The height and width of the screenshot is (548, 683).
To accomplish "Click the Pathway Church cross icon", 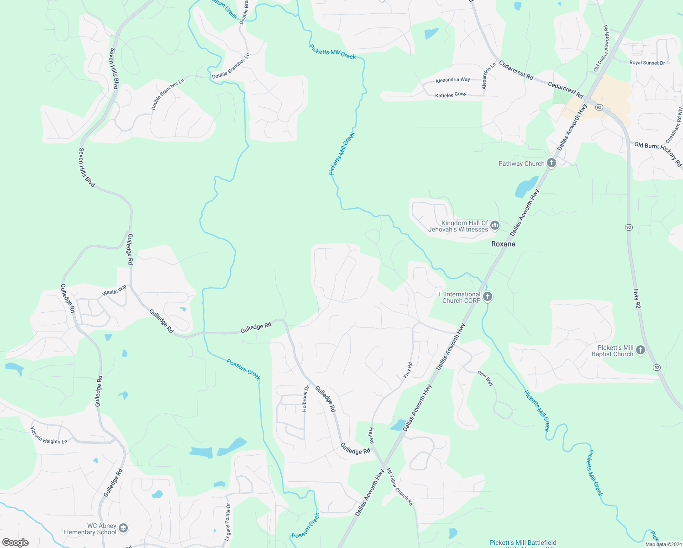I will [552, 163].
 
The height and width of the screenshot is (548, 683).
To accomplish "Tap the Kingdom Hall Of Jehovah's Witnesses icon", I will [494, 226].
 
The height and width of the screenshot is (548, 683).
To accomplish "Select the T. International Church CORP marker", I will [488, 297].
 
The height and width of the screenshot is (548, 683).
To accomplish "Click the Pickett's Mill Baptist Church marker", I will [641, 350].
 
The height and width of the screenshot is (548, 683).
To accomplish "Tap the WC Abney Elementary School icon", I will [123, 529].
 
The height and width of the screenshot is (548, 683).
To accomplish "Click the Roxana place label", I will [503, 244].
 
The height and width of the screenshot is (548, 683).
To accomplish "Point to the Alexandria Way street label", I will [452, 80].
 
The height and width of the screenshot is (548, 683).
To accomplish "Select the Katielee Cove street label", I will [450, 95].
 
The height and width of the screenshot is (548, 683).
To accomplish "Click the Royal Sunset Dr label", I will [647, 63].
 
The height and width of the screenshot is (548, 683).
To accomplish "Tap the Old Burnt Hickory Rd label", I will [657, 153].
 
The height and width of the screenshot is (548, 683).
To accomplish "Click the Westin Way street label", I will [115, 290].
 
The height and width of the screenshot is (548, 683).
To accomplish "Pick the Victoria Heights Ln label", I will [49, 435].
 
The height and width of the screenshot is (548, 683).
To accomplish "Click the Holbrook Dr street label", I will [305, 399].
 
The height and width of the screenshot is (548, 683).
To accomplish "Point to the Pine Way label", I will [485, 379].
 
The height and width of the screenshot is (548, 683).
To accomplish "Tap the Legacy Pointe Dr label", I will [228, 522].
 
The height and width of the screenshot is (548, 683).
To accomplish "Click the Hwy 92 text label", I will [637, 299].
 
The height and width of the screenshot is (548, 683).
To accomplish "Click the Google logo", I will [16, 542].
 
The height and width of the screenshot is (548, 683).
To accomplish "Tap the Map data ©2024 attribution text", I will [663, 544].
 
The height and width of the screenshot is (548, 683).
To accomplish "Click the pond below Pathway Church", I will [525, 188].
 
